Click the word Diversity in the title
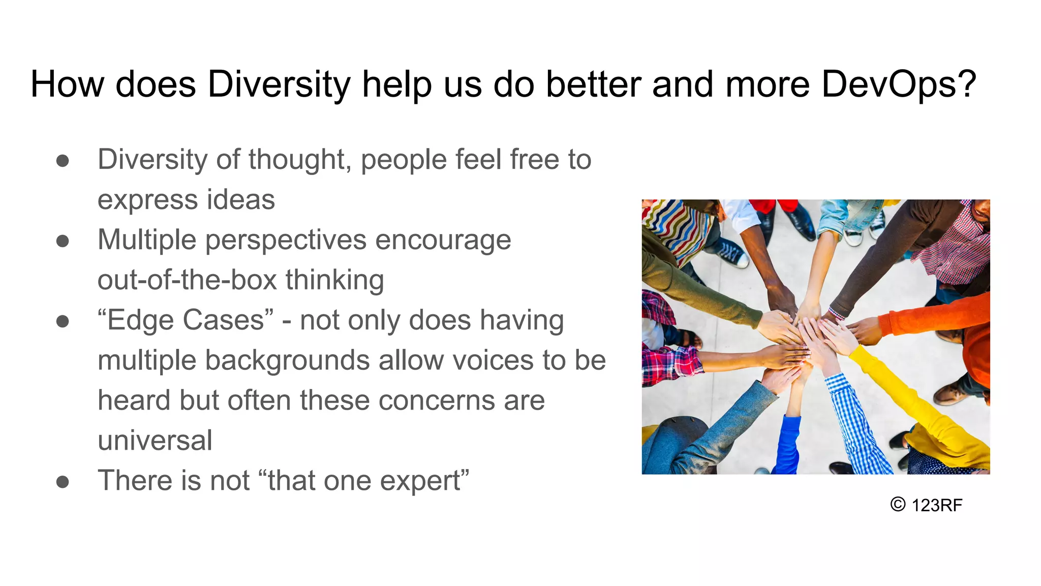point(279,84)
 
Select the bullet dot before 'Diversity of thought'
point(63,161)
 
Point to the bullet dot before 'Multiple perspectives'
point(63,241)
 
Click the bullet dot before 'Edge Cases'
point(63,321)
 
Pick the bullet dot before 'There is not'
point(63,481)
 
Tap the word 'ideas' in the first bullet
point(240,199)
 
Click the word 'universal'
point(155,440)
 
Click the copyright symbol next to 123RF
point(898,504)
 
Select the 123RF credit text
point(937,505)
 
